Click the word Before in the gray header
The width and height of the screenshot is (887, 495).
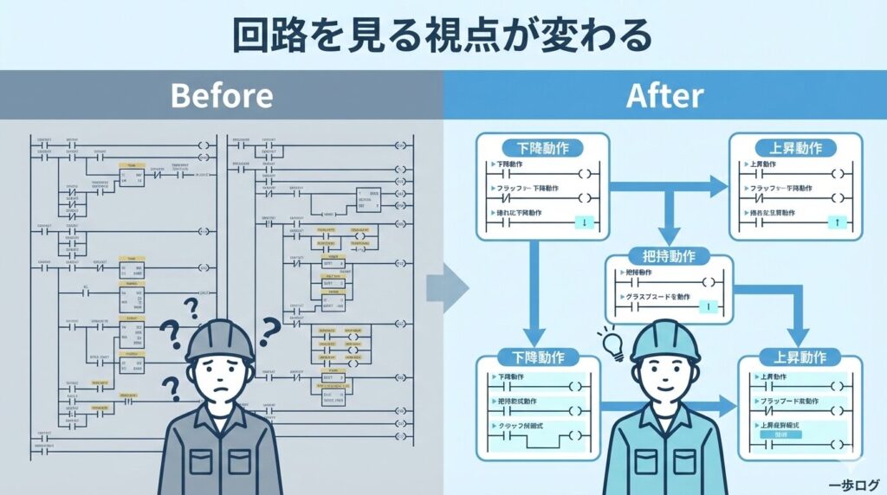(222, 94)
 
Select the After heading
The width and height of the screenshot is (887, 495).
(664, 94)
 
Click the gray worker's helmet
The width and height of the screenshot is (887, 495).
(219, 341)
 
